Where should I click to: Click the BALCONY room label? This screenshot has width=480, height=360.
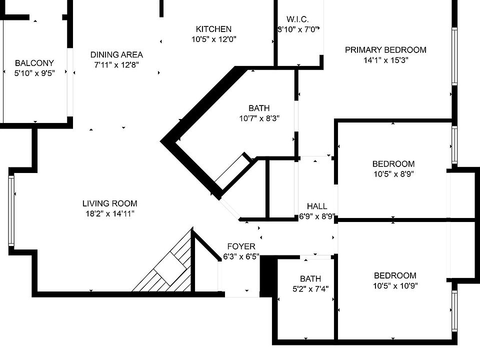34,63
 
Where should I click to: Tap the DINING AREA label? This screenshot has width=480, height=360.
116,54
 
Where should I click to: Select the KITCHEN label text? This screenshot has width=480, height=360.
213,29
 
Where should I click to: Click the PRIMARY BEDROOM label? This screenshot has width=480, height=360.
385,49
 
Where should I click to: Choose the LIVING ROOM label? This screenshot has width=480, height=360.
109,203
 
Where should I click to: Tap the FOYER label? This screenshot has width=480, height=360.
241,246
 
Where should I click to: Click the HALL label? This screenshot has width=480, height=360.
317,206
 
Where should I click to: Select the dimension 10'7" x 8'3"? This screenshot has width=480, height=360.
259,119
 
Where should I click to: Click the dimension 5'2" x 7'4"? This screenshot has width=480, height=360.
310,289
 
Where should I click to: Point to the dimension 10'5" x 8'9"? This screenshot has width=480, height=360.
393,174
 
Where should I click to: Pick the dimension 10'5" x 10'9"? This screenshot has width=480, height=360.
395,286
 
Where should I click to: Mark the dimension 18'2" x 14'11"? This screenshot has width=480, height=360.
109,214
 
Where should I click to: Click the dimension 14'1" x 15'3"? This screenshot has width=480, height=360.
385,60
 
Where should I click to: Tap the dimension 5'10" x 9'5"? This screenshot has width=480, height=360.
34,73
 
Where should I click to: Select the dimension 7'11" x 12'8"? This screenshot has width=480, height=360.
116,64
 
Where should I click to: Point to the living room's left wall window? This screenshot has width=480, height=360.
11,210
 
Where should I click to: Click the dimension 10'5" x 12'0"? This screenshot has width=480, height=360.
213,39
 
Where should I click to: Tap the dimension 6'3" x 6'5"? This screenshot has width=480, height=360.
241,257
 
